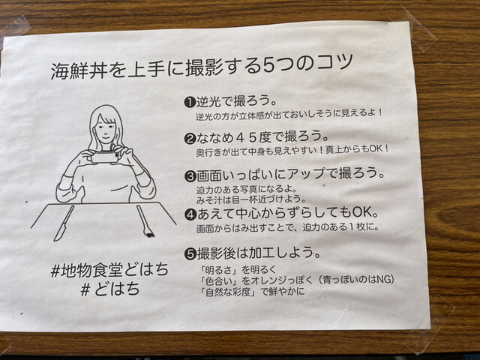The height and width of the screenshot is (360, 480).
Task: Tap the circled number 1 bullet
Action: (190, 102)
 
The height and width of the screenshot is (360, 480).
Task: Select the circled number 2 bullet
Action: (190, 139)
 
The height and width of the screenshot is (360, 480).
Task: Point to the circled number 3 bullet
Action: (190, 176)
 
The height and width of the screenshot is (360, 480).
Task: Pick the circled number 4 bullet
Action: (190, 214)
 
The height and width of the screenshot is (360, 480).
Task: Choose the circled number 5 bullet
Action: (190, 253)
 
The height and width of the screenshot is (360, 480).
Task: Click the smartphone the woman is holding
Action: (104, 157)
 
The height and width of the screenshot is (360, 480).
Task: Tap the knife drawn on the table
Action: (64, 223)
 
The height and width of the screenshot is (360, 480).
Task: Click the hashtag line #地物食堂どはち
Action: (109, 270)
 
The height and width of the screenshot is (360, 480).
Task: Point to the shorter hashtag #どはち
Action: (110, 289)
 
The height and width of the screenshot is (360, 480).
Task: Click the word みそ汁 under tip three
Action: (210, 199)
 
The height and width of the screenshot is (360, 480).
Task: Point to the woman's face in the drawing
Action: (106, 130)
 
